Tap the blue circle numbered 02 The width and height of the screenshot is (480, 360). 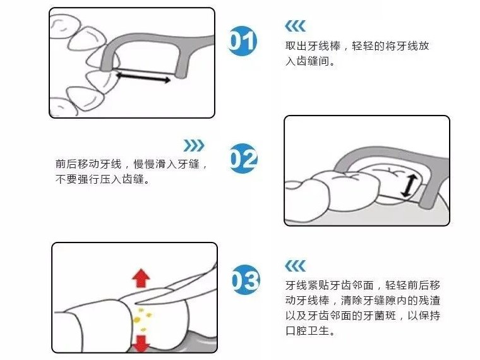pos(243,159)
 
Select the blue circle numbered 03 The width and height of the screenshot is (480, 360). pos(244,280)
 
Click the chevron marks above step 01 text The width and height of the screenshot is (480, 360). pos(295,26)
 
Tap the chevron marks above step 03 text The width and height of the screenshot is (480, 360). pos(295,265)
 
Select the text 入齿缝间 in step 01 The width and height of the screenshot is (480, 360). pos(309,63)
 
